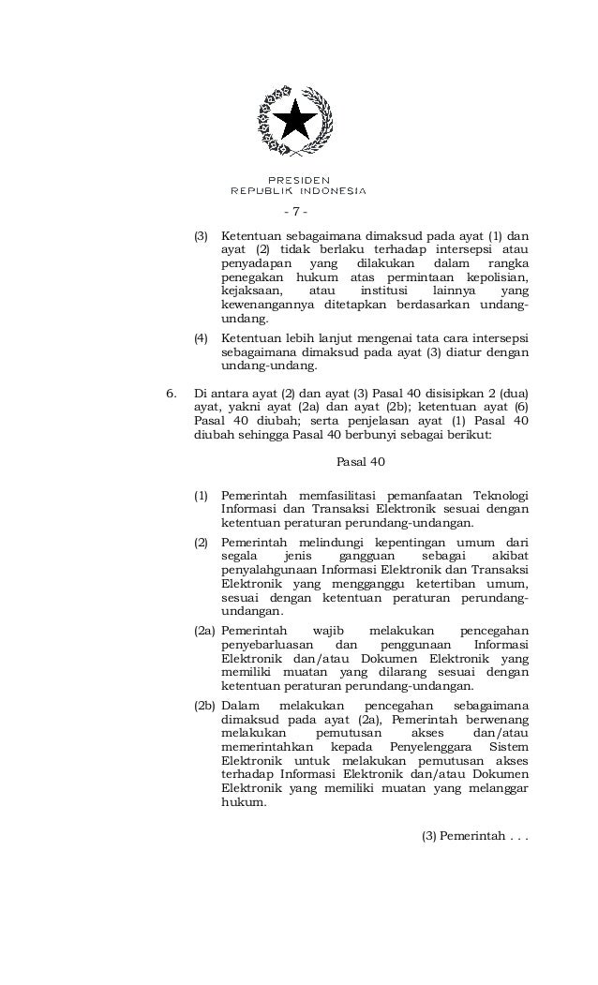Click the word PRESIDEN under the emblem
(298, 179)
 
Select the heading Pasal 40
(360, 463)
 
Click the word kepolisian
(489, 277)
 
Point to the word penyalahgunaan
(271, 571)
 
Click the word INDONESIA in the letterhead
(325, 190)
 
